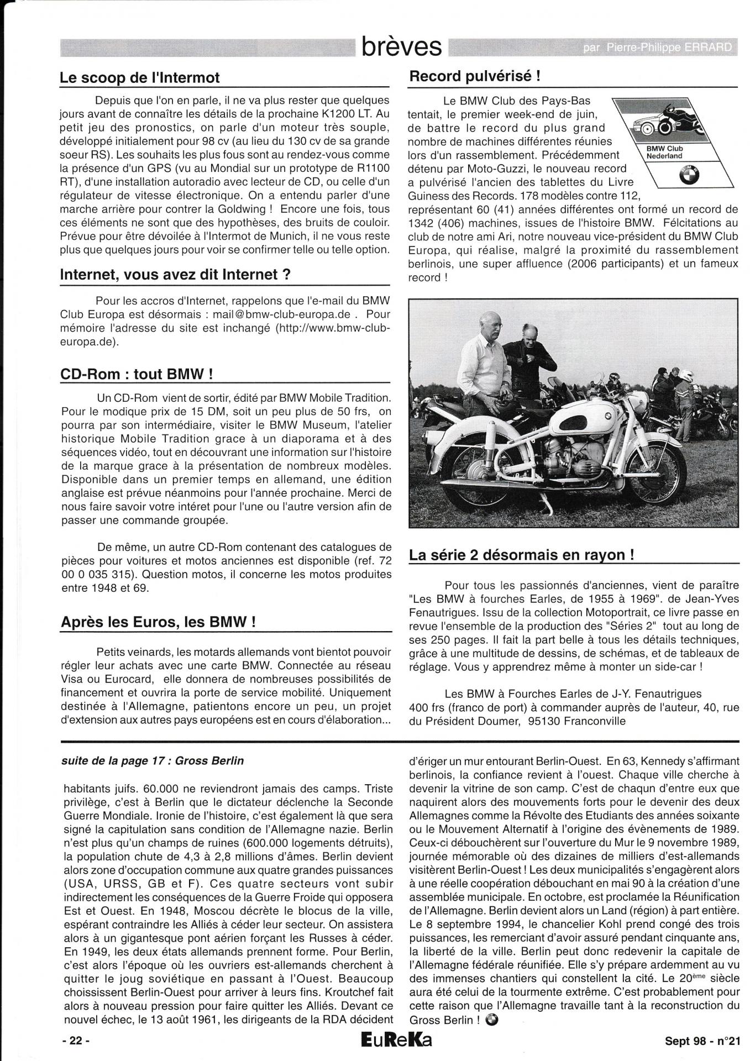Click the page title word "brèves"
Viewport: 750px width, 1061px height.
click(401, 47)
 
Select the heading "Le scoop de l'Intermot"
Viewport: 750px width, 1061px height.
click(140, 78)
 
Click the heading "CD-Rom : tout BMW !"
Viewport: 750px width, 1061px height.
click(137, 374)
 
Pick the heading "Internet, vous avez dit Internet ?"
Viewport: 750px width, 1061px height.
click(175, 275)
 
